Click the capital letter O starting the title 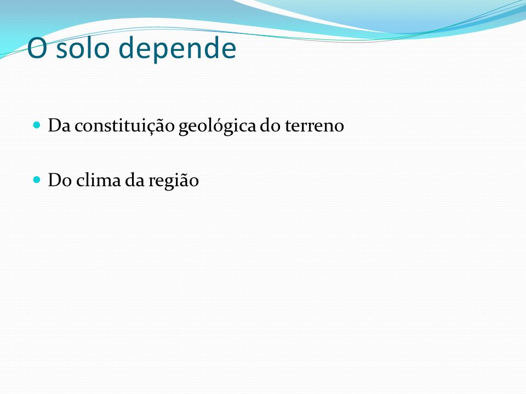tap(37, 48)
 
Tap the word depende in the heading tap(178, 49)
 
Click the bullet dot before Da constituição tap(37, 125)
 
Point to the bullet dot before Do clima tap(37, 180)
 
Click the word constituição tap(125, 126)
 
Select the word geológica tap(218, 126)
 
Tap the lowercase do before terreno tap(271, 125)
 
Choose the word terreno tap(315, 126)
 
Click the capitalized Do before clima tap(60, 180)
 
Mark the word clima tap(99, 180)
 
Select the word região tap(174, 181)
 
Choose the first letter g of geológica tap(183, 129)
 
